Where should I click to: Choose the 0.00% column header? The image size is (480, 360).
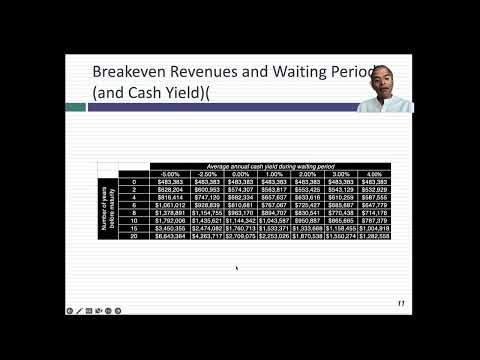[x=240, y=173]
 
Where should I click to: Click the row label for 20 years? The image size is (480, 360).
[x=134, y=236]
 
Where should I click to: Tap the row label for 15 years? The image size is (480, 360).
[x=134, y=228]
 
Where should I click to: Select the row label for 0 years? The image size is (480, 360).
[x=134, y=181]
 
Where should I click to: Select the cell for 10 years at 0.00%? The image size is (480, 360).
[x=240, y=220]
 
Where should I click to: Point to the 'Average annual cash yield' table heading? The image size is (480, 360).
[x=272, y=165]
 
